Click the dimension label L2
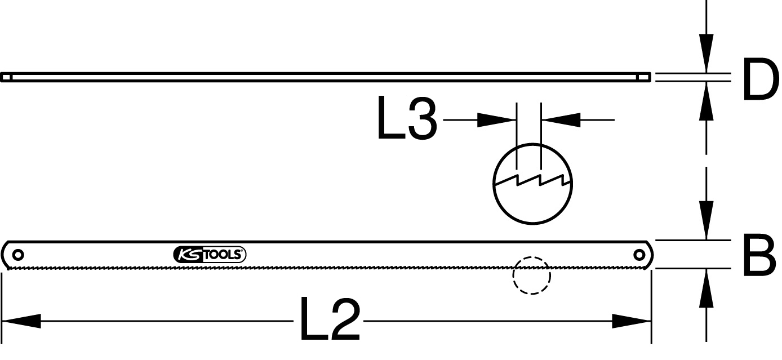[x=330, y=319]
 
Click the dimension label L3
[x=407, y=118]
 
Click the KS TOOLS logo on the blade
[x=210, y=255]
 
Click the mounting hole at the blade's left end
[x=18, y=255]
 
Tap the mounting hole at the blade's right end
[x=639, y=255]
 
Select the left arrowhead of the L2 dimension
[x=21, y=321]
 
